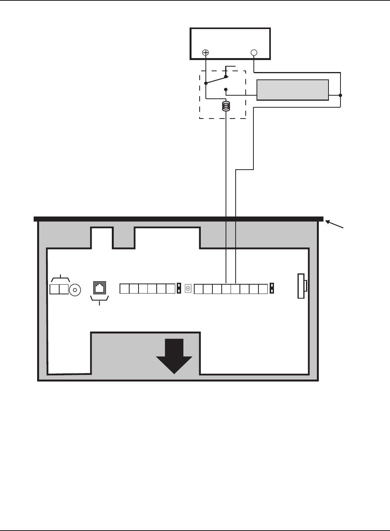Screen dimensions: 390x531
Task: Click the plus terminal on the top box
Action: point(206,52)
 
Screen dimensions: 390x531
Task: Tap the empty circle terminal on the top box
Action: point(254,52)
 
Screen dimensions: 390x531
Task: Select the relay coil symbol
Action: point(226,106)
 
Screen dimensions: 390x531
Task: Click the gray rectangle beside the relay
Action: point(293,90)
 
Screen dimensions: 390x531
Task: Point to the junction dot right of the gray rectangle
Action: point(340,95)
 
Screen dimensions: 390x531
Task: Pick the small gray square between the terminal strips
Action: point(188,289)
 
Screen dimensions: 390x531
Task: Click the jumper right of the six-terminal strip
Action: point(179,289)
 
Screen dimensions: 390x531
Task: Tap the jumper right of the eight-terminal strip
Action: point(272,289)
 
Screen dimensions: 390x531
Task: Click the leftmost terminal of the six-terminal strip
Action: point(124,289)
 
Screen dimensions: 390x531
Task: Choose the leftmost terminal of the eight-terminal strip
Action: point(198,289)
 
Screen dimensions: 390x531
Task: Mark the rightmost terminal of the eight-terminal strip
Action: point(263,289)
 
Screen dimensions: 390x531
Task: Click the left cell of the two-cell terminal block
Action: point(55,289)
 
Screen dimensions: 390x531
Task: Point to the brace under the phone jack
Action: point(100,298)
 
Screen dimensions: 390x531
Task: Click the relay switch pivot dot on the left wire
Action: point(206,83)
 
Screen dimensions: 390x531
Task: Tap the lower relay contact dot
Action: point(226,89)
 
